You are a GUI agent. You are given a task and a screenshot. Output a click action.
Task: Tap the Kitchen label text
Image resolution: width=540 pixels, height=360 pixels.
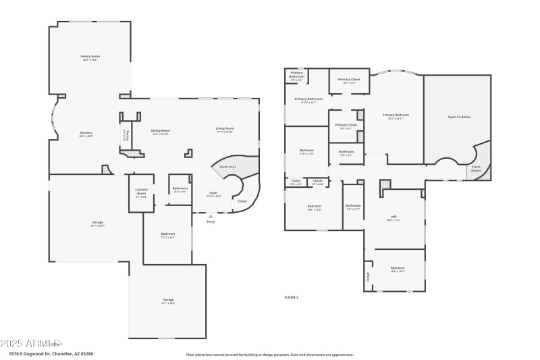[x=86, y=132]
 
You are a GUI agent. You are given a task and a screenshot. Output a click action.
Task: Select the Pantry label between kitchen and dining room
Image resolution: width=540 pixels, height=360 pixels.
[x=124, y=134]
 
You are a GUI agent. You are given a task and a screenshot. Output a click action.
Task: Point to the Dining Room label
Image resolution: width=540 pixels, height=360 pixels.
[x=160, y=130]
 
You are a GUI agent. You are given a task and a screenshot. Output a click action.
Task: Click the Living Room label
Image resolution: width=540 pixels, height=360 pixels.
[x=225, y=128]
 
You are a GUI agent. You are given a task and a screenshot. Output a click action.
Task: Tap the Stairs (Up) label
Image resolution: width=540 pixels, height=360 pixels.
[x=227, y=166]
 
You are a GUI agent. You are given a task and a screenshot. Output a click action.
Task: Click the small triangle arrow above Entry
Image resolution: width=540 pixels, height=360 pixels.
[x=210, y=217]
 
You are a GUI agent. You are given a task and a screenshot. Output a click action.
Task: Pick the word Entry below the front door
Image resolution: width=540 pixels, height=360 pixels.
[x=211, y=222]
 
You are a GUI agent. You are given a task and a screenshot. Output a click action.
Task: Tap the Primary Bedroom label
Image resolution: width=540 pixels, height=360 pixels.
[x=396, y=115]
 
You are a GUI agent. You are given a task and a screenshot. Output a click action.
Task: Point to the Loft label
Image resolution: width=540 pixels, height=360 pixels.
[x=394, y=217]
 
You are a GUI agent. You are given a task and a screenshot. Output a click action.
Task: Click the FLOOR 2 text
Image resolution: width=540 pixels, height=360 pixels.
[x=291, y=297]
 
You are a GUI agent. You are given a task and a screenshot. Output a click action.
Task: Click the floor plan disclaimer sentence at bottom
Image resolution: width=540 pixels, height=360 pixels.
[x=269, y=354]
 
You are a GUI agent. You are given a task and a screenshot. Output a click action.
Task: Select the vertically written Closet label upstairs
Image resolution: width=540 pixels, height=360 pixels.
[x=368, y=276]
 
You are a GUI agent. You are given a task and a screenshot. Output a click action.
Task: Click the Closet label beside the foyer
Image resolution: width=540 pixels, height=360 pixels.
[x=242, y=201]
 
